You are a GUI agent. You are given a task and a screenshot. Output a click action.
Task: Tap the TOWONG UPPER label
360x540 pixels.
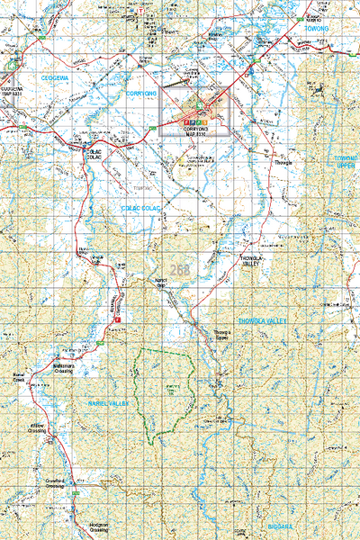coord(346,162)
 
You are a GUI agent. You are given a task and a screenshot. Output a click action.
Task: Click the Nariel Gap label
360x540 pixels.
coord(163,283)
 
